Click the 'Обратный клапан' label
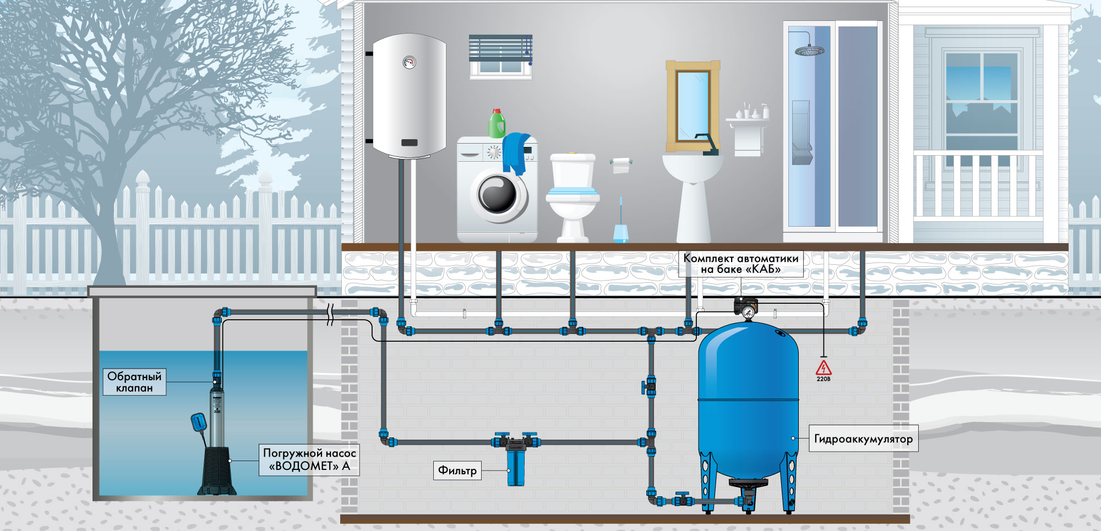tap(134, 382)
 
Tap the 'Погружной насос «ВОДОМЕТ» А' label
tap(309, 459)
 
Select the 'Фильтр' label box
tap(457, 470)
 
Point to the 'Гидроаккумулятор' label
tap(863, 439)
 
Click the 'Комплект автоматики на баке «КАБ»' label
tap(741, 264)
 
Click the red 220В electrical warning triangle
tap(824, 368)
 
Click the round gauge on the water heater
tap(409, 62)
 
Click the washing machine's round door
tap(498, 194)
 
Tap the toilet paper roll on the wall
tap(621, 165)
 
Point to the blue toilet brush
tap(621, 220)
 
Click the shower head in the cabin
tap(809, 51)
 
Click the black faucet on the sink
tap(707, 144)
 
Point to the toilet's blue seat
tap(573, 193)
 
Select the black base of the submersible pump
tap(217, 470)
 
